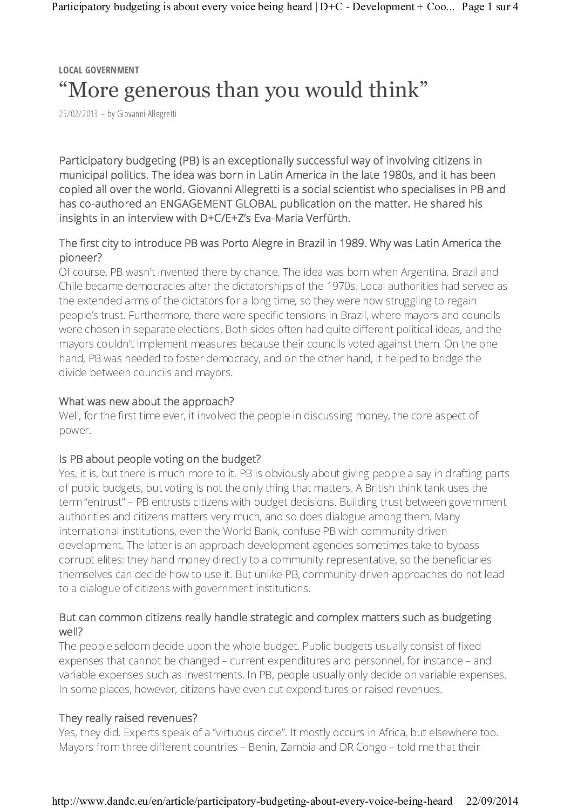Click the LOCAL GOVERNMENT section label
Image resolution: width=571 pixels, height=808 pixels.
tap(99, 70)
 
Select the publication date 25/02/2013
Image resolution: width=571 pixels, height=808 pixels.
tap(79, 114)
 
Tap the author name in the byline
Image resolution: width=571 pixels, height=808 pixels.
tap(146, 114)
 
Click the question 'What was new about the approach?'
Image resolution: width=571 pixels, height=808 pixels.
tap(146, 402)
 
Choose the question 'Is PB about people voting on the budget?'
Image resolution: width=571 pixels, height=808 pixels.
tap(160, 459)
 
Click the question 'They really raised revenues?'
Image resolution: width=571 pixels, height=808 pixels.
tap(128, 718)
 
